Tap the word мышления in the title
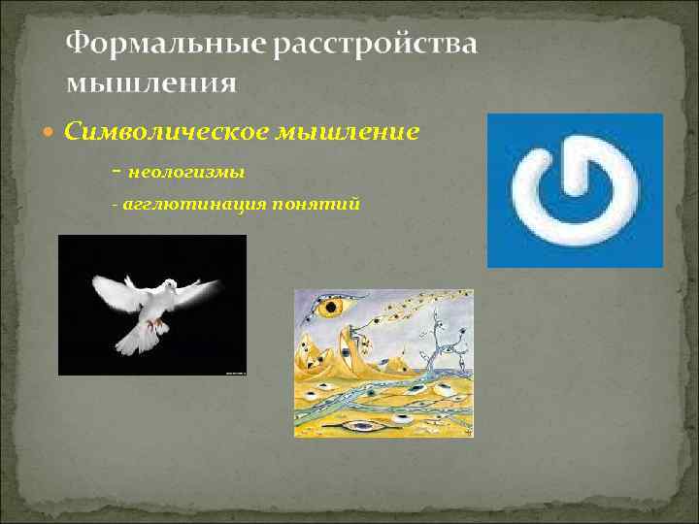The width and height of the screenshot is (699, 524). (x=150, y=82)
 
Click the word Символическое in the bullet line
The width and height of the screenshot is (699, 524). (x=156, y=130)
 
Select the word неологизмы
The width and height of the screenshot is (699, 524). (x=185, y=172)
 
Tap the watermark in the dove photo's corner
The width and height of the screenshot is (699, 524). (x=234, y=371)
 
